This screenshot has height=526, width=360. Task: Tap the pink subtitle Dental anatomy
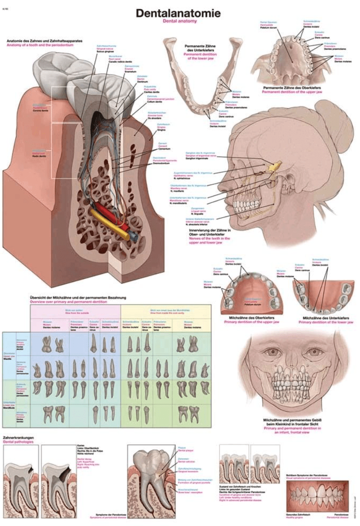(x=178, y=21)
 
